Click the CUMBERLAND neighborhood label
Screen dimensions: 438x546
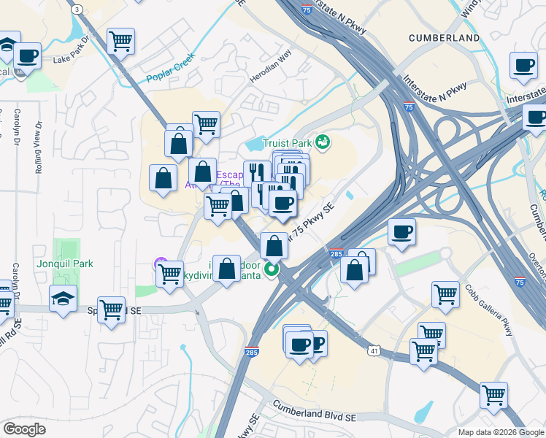click(444, 38)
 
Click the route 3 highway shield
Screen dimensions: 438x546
click(77, 8)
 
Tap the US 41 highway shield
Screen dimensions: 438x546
click(374, 352)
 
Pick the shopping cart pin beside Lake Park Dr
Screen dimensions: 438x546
click(120, 41)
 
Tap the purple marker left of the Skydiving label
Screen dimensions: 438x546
click(161, 264)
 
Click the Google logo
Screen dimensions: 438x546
click(24, 429)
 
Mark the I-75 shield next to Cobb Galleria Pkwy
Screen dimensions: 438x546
click(519, 280)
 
